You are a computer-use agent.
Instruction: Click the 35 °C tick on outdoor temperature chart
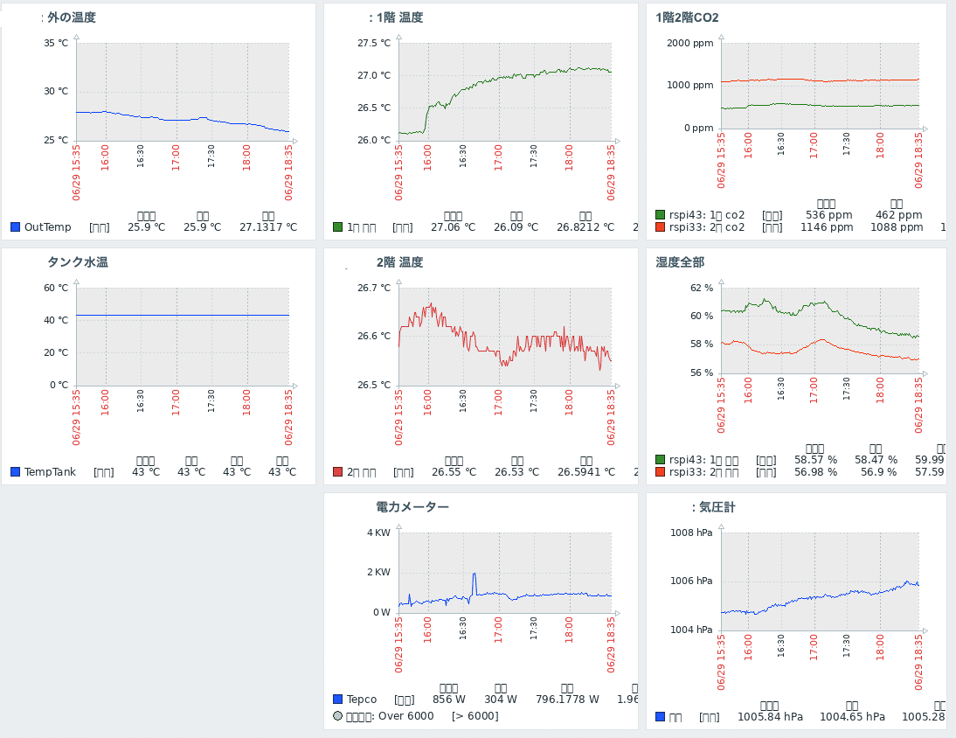(56, 43)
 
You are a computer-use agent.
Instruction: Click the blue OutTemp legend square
(15, 227)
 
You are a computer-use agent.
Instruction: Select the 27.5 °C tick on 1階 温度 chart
(374, 43)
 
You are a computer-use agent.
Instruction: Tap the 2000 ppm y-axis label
(690, 43)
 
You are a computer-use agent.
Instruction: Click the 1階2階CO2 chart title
(687, 17)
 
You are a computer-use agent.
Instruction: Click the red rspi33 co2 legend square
(660, 227)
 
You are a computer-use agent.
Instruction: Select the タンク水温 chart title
(78, 262)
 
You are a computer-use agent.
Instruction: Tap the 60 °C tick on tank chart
(56, 288)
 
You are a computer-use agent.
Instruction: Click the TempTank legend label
(50, 472)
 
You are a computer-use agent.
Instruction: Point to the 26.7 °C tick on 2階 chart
(374, 288)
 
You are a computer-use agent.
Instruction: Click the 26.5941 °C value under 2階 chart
(586, 472)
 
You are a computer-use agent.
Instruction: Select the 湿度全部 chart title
(680, 262)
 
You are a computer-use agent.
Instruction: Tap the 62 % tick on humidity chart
(702, 288)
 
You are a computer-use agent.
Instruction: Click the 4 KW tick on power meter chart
(378, 533)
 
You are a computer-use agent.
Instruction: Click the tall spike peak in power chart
(474, 574)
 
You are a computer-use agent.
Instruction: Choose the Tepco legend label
(362, 700)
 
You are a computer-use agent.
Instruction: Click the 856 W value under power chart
(449, 700)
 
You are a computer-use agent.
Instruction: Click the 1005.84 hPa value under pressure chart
(770, 717)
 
